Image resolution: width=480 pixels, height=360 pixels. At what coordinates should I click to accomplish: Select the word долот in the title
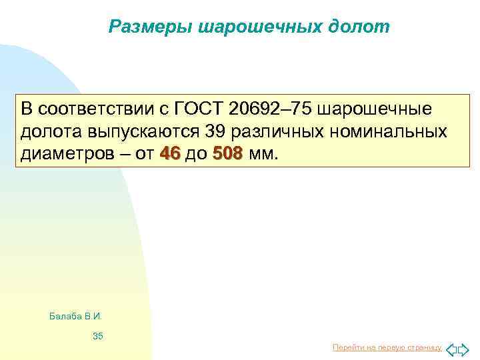click(x=358, y=27)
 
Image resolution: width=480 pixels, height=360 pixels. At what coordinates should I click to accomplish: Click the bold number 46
click(x=171, y=155)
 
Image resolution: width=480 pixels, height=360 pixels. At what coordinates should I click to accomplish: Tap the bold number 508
click(x=227, y=155)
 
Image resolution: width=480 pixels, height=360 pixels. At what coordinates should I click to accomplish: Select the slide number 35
click(x=98, y=337)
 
